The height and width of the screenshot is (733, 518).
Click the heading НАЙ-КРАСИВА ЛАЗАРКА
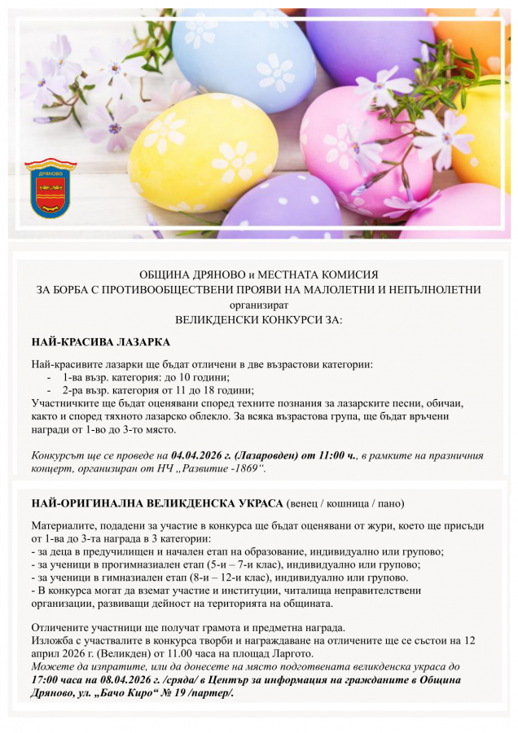coord(100,342)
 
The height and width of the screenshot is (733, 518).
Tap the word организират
coord(258,305)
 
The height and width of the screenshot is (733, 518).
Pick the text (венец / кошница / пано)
coord(345,503)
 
